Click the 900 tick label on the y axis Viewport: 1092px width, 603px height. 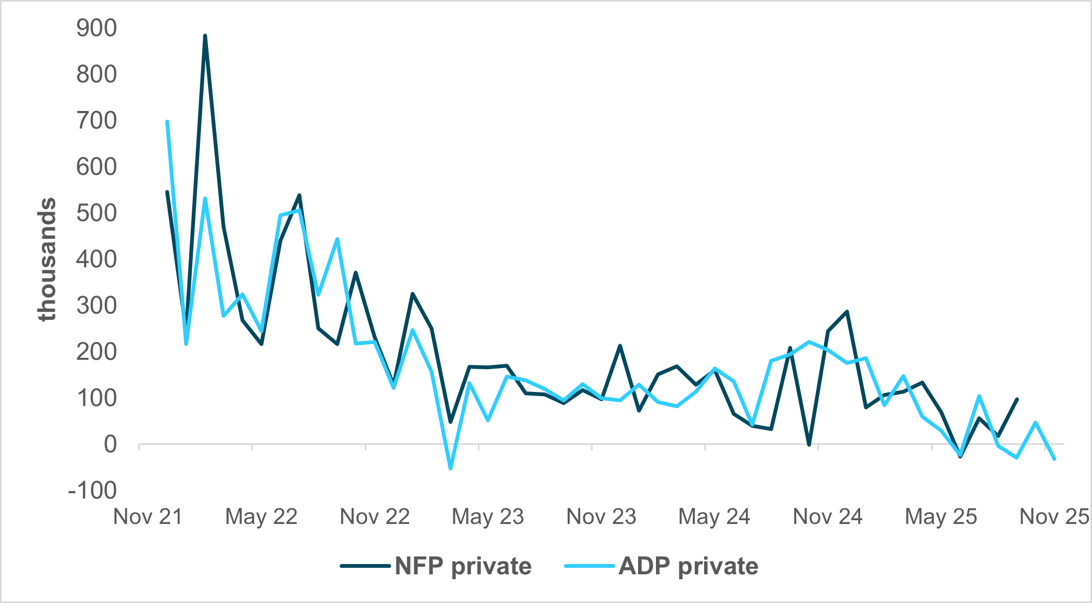[x=96, y=28]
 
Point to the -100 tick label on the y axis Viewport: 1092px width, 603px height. [x=92, y=490]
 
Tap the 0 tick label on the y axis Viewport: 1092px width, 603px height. [x=110, y=444]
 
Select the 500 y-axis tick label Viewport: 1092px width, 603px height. [x=96, y=213]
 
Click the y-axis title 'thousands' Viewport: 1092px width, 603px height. [x=47, y=259]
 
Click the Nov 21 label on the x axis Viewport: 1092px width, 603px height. [x=148, y=517]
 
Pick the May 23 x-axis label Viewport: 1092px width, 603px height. [x=487, y=517]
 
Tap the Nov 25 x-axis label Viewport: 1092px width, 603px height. [x=1054, y=517]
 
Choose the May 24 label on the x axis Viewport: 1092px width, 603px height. [x=714, y=517]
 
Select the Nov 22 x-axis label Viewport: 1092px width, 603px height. [x=374, y=517]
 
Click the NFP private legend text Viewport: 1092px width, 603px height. [x=463, y=566]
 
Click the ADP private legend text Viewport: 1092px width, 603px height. [x=688, y=566]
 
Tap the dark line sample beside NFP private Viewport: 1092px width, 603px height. [x=365, y=566]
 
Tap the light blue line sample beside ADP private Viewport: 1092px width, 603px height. [x=589, y=566]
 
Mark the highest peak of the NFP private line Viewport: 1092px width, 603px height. [x=205, y=36]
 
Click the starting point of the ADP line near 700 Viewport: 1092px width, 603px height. [x=167, y=122]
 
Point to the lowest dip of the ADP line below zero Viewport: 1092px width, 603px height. [x=450, y=468]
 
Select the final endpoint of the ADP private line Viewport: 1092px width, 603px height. [x=1054, y=459]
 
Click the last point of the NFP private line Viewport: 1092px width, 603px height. [x=1017, y=399]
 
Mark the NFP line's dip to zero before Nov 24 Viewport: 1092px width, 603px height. [x=809, y=444]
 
